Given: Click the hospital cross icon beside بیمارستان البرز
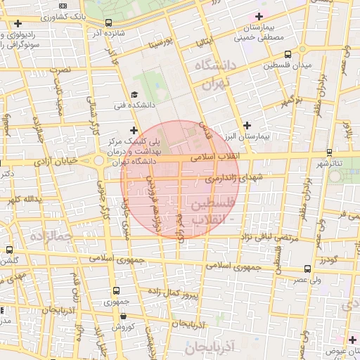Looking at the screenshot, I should pyautogui.click(x=246, y=124).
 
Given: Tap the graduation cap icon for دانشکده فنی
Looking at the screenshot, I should pyautogui.click(x=134, y=95).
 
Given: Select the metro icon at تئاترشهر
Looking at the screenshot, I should pyautogui.click(x=329, y=153).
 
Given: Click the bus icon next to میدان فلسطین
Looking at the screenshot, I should pyautogui.click(x=288, y=55).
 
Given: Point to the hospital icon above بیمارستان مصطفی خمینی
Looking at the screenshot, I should pyautogui.click(x=260, y=16).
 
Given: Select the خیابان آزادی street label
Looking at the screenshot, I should pyautogui.click(x=51, y=162).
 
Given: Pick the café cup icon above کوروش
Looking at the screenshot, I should pyautogui.click(x=123, y=316).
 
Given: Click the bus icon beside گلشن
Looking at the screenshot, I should pyautogui.click(x=10, y=250).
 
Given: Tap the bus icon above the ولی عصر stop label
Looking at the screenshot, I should pyautogui.click(x=308, y=269).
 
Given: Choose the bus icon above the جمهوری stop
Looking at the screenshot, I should pyautogui.click(x=116, y=292).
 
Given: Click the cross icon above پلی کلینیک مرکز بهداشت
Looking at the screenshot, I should pyautogui.click(x=134, y=129).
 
